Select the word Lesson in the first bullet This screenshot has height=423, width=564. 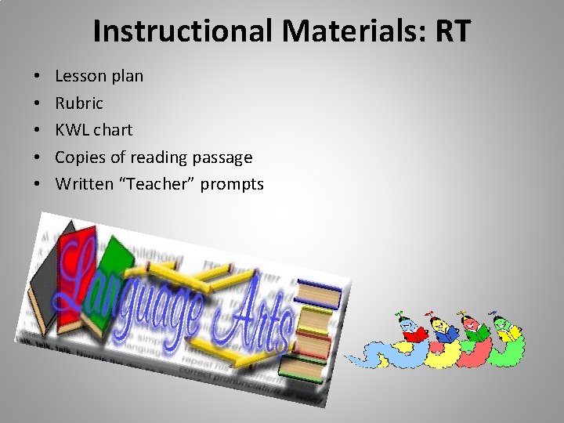[81, 76]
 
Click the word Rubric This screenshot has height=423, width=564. [79, 103]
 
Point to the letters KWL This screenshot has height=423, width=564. [73, 129]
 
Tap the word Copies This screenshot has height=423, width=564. [81, 157]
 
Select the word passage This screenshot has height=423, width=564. [222, 157]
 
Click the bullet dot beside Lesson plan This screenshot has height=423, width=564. [38, 77]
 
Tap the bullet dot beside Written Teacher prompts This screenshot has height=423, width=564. [38, 185]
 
